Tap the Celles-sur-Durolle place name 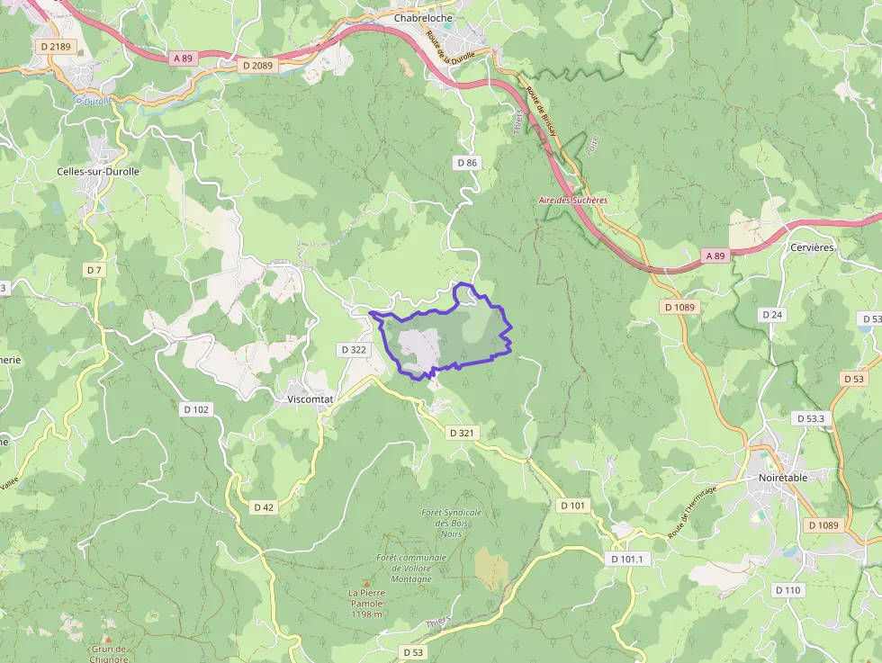coord(98,172)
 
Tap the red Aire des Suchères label coord(572,201)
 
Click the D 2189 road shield coord(55,46)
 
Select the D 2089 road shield coord(257,66)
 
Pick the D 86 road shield coord(466,163)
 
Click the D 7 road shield coord(94,270)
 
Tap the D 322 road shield coord(354,348)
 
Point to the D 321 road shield coord(461,433)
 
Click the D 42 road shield coord(263,506)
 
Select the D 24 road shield coord(771,315)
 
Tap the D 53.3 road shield coord(813,418)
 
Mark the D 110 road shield coord(787,589)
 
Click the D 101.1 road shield coord(627,559)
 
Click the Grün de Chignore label coord(110,652)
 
